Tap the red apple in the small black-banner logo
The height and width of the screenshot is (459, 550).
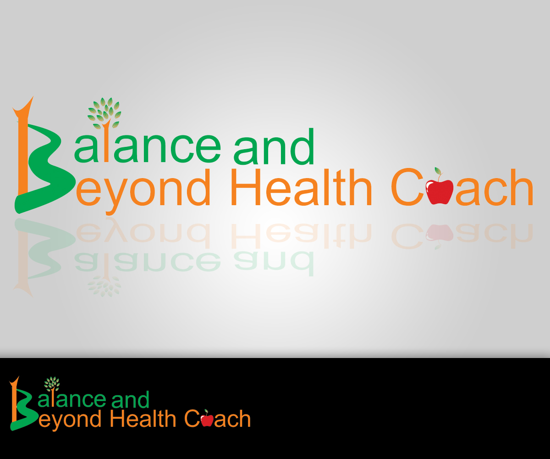pyautogui.click(x=207, y=420)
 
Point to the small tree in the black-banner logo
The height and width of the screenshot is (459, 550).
pyautogui.click(x=52, y=384)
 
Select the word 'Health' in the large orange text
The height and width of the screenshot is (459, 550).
pyautogui.click(x=302, y=188)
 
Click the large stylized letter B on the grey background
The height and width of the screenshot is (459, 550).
pyautogui.click(x=42, y=156)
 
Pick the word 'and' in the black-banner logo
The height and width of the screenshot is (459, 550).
pyautogui.click(x=130, y=399)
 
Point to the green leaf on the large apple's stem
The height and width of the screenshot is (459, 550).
pyautogui.click(x=438, y=171)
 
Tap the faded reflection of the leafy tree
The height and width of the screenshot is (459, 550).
pyautogui.click(x=104, y=286)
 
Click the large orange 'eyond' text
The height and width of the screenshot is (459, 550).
pyautogui.click(x=143, y=191)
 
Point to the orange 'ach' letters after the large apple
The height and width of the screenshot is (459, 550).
pyautogui.click(x=495, y=188)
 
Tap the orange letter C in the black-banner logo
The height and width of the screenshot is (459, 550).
pyautogui.click(x=192, y=418)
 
